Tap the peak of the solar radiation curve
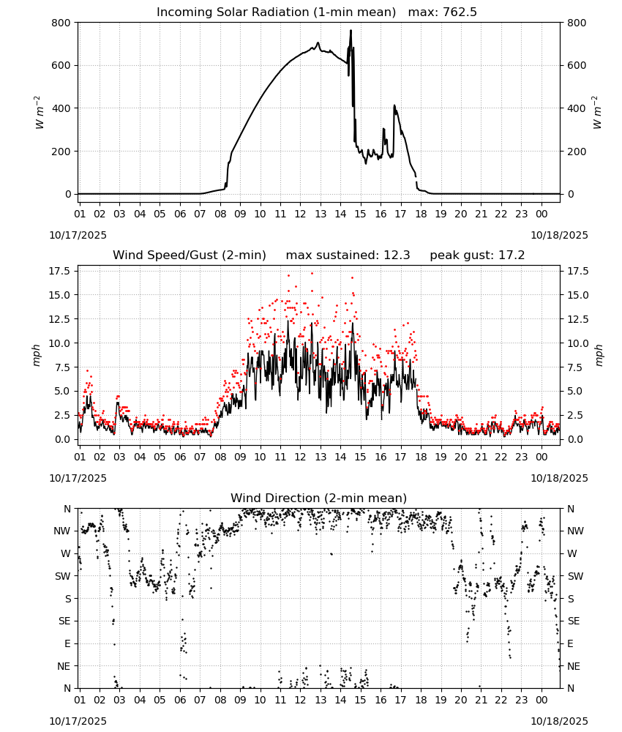click(351, 30)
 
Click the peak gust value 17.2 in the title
click(512, 255)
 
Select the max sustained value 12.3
click(397, 255)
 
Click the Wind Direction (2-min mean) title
click(319, 498)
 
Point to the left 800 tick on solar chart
click(62, 23)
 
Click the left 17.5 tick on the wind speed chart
click(60, 272)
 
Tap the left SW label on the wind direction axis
click(63, 576)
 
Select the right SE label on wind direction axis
click(574, 621)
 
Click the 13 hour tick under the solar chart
click(321, 214)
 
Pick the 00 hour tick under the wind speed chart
click(542, 457)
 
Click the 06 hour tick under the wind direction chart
click(180, 700)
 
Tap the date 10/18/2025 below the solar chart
click(560, 235)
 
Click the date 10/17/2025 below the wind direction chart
click(78, 721)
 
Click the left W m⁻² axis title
click(40, 113)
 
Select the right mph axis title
click(599, 355)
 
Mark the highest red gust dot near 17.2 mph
click(312, 273)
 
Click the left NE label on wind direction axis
click(64, 666)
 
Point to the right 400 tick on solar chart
click(577, 108)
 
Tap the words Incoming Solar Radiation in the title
click(233, 12)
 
